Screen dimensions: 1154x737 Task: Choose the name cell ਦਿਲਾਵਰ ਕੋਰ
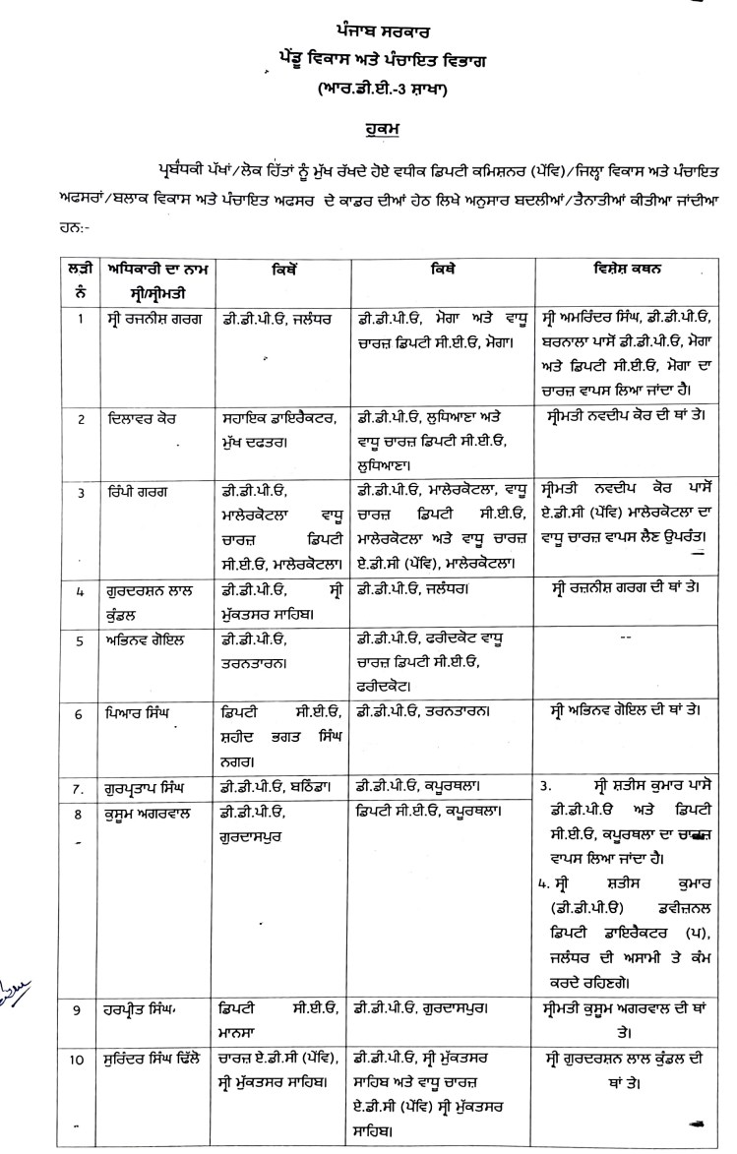pyautogui.click(x=142, y=417)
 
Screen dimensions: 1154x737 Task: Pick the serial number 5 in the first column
pyautogui.click(x=81, y=638)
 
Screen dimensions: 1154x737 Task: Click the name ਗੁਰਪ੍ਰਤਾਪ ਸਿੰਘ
pyautogui.click(x=152, y=787)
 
